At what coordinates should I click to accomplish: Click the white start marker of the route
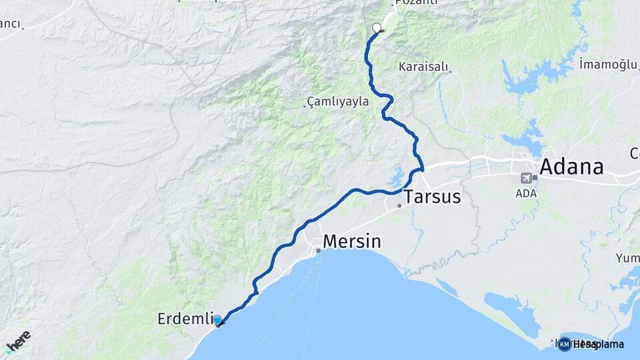(x=377, y=28)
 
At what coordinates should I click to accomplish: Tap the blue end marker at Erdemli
(x=217, y=320)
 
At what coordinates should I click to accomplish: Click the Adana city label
(x=571, y=167)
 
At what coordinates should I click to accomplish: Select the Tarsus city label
(x=433, y=197)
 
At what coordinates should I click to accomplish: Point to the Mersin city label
(x=352, y=241)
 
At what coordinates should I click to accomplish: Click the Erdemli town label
(x=184, y=319)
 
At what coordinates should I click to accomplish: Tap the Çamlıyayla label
(x=337, y=102)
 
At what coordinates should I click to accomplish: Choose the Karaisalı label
(x=423, y=67)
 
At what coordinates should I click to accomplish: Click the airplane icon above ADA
(x=527, y=178)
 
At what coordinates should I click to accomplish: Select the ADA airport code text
(x=527, y=193)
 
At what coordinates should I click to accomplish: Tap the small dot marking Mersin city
(x=319, y=251)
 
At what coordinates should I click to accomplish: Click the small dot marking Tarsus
(x=399, y=205)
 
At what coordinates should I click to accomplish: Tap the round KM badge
(x=564, y=344)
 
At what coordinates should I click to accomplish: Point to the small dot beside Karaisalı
(x=451, y=71)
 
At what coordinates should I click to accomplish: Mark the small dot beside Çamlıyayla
(x=305, y=105)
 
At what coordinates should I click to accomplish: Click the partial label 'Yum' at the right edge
(x=627, y=258)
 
